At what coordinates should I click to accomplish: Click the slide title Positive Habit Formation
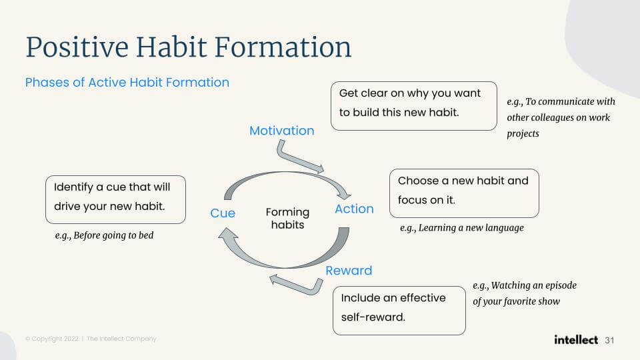pos(189,47)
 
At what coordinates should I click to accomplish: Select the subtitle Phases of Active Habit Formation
pos(127,83)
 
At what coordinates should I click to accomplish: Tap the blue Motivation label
pos(281,131)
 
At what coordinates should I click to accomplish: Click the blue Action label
pos(354,209)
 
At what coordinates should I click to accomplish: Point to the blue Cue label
pos(223,213)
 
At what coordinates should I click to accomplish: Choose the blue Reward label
pos(349,271)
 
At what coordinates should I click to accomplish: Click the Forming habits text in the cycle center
pos(287,219)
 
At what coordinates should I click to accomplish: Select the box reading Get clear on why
pos(414,106)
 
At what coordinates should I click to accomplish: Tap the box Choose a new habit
pos(464,193)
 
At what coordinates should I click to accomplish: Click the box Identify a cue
pos(115,199)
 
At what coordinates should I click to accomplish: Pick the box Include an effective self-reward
pos(399,311)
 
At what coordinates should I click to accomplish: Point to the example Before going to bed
pos(104,235)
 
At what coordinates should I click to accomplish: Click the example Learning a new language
pos(461,228)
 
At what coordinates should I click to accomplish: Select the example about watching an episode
pos(525,293)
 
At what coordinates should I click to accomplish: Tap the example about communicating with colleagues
pos(561,117)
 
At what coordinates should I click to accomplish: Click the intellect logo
pos(576,339)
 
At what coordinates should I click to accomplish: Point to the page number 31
pos(609,341)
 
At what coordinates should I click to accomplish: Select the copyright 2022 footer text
pos(91,339)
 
